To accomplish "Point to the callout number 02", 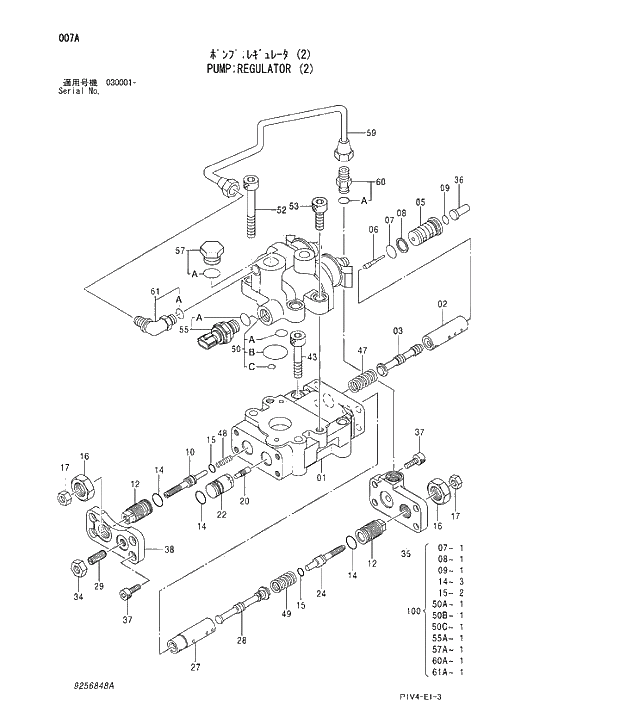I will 440,305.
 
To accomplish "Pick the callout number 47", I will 363,350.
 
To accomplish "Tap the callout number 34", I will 78,598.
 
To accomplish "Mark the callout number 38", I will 169,549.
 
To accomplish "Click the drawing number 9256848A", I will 93,687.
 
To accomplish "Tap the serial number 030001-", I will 120,81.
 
